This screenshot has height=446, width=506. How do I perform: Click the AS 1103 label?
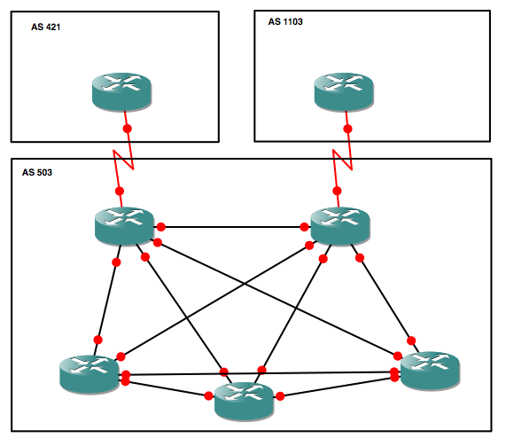tap(285, 21)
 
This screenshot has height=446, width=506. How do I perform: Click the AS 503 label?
tap(37, 172)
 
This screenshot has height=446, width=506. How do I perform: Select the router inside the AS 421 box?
tap(122, 90)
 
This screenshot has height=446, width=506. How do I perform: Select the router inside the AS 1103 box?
tap(344, 90)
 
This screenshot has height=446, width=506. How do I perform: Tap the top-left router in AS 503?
tap(124, 225)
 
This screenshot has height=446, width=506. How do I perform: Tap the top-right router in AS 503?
tap(340, 225)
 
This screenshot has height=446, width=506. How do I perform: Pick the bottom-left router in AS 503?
tap(89, 372)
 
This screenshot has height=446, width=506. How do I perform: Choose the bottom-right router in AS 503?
tap(430, 369)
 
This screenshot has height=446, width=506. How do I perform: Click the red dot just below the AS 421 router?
tap(127, 129)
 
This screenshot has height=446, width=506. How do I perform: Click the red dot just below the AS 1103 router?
tap(347, 129)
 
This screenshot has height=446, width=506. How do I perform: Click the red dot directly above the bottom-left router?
tap(97, 340)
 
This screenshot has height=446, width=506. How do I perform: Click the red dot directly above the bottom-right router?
tap(411, 339)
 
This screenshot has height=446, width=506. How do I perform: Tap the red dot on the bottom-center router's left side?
tap(208, 396)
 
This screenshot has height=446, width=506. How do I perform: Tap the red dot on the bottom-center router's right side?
tap(279, 396)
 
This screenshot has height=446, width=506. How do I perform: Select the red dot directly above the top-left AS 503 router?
tap(120, 192)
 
